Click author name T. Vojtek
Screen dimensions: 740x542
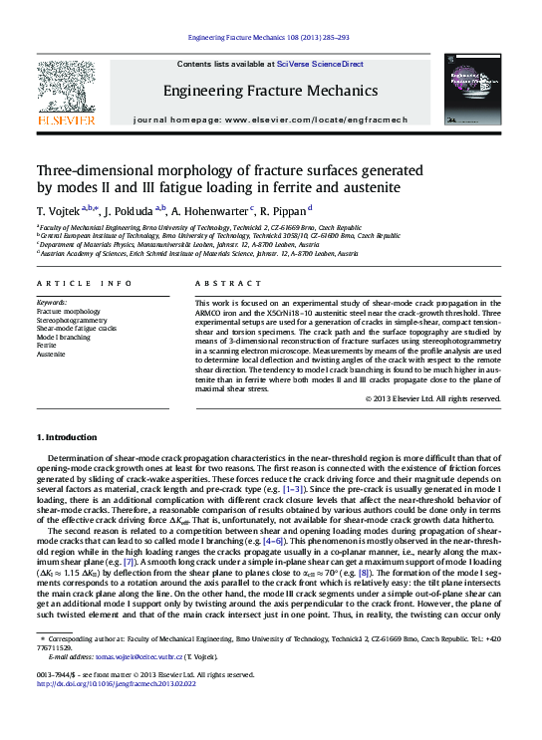tap(58, 211)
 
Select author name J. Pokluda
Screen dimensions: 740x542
tap(128, 211)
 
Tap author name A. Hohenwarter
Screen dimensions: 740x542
tap(210, 211)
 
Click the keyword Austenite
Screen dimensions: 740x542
tap(51, 354)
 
